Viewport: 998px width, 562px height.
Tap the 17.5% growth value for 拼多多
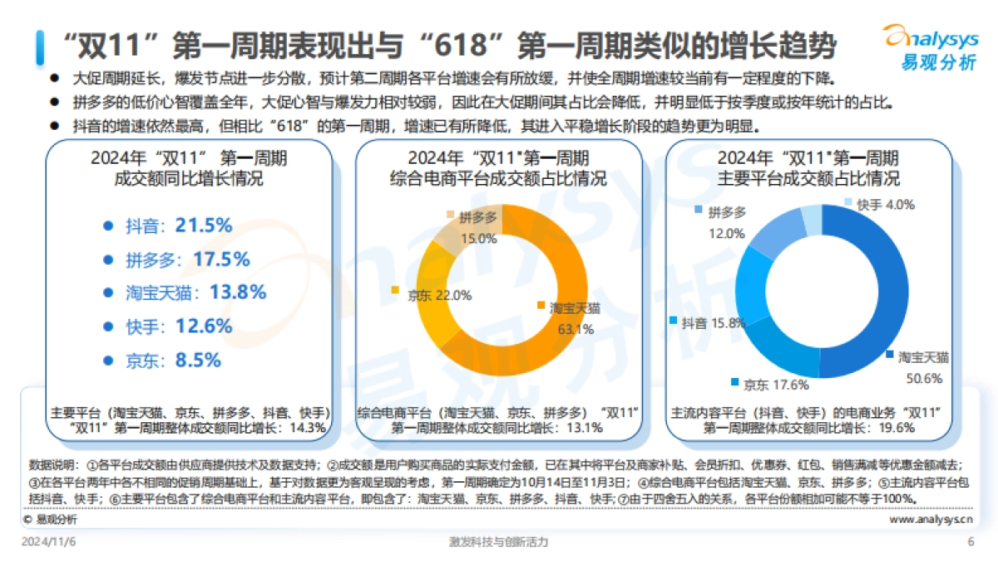[x=221, y=259]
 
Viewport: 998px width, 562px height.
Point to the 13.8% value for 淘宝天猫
[x=239, y=292]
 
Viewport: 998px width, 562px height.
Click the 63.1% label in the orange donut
[x=575, y=329]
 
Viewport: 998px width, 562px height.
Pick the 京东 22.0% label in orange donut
[x=432, y=295]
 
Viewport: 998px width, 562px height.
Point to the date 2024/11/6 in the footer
[x=54, y=542]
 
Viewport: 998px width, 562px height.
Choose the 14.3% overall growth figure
[x=309, y=428]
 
